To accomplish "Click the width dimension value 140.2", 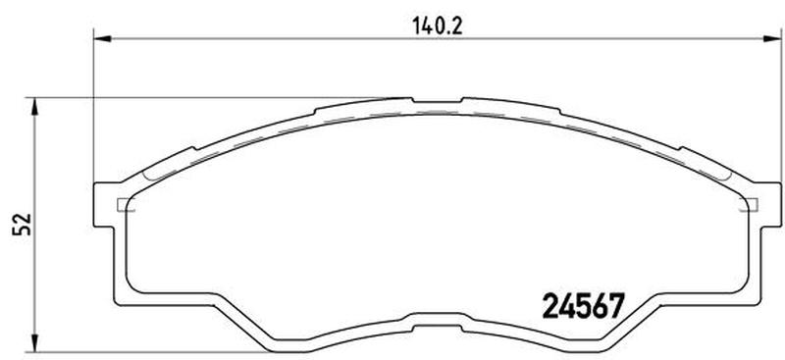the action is (438, 26).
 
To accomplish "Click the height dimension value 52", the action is (24, 225).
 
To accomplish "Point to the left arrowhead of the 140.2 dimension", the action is (102, 38).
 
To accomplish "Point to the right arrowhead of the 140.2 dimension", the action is (772, 38).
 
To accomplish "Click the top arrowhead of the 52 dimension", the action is (34, 106).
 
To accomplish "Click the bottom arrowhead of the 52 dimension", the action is (34, 343).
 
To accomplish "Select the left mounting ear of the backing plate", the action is (104, 204).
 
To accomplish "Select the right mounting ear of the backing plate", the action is (771, 204).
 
